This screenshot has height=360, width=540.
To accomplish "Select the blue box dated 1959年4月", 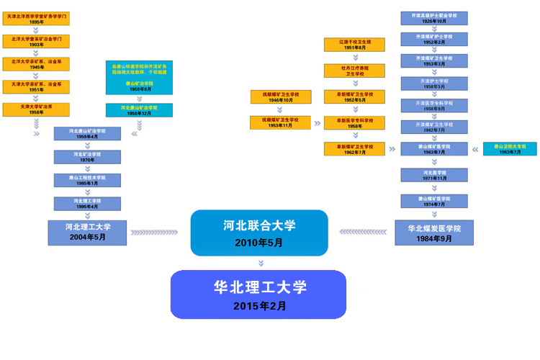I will (87, 134).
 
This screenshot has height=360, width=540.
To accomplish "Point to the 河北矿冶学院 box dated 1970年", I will (87, 157).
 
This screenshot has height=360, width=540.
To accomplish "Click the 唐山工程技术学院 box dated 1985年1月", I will (87, 180).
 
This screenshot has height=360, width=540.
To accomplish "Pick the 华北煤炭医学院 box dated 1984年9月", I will (433, 233).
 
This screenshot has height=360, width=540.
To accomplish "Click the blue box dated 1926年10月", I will (433, 18).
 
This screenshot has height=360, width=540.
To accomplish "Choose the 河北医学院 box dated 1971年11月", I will (433, 176).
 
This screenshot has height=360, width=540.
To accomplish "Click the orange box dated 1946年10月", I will (280, 96).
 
